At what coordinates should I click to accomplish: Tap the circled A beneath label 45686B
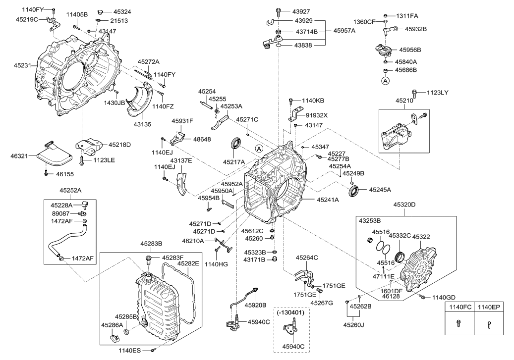click(x=385, y=80)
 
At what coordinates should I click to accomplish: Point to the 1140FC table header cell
click(x=459, y=308)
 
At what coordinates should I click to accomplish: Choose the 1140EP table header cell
click(x=489, y=308)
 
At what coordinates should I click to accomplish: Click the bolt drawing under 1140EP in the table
click(x=489, y=325)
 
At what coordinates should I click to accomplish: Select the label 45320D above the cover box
click(x=404, y=204)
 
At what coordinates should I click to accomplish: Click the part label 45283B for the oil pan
click(x=151, y=244)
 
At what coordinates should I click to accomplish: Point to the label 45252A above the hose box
click(x=70, y=190)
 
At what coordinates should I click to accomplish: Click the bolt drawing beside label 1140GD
click(x=422, y=297)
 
